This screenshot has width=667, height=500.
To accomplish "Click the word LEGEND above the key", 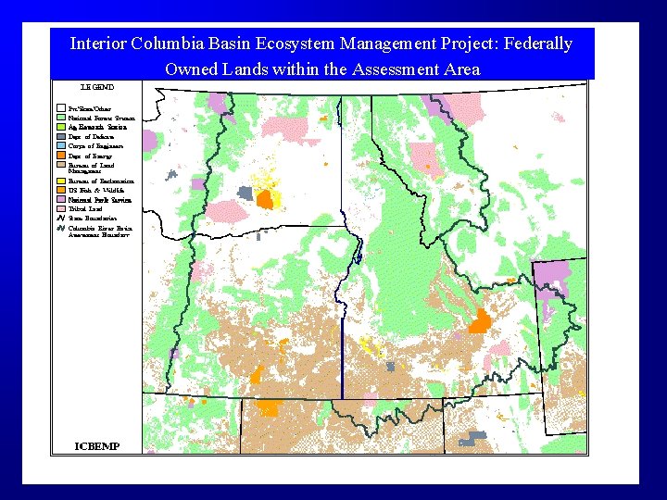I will tap(96, 87).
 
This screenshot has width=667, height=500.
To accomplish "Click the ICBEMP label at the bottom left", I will tap(97, 446).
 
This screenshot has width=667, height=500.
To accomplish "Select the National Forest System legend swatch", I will tap(61, 119).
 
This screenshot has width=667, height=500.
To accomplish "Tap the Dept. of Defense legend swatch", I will tap(61, 137).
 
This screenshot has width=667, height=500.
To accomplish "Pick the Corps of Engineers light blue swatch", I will tap(61, 146).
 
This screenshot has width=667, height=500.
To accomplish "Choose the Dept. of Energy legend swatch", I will tap(61, 156).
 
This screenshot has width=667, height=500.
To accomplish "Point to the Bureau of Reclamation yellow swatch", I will tap(61, 181).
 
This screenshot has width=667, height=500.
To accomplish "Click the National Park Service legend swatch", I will tap(61, 199).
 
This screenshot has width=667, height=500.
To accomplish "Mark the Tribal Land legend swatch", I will tap(61, 208).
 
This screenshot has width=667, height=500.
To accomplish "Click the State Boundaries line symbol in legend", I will tap(61, 218).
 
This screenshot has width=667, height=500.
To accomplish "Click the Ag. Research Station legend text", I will tap(97, 128).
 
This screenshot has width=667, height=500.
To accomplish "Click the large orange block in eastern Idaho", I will tap(480, 322).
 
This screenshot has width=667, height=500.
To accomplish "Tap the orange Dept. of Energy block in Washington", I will tap(265, 198).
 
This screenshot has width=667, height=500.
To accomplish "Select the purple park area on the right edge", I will tap(553, 273).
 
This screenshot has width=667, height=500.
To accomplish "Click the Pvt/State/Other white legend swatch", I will tap(61, 109).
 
